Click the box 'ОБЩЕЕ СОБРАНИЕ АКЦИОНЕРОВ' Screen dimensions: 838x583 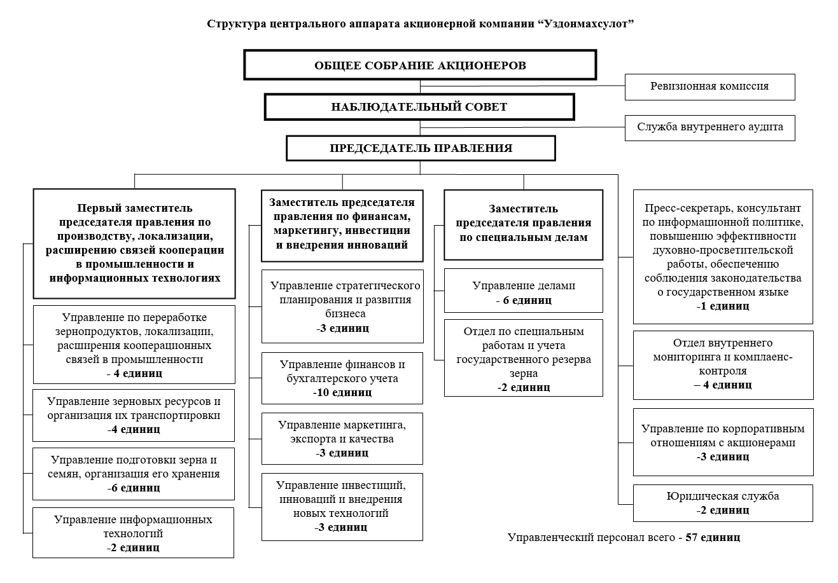point(420,65)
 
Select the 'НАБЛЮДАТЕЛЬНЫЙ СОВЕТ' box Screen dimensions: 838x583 point(419,107)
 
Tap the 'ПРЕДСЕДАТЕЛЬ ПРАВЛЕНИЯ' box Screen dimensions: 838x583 point(421,148)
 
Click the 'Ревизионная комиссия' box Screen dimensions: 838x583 point(709,86)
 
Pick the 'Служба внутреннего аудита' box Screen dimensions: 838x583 point(709,128)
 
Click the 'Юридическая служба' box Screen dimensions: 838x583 point(723,503)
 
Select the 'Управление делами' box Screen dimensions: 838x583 point(524,291)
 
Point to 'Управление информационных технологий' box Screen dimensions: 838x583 point(133,533)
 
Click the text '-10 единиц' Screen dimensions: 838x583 point(342,392)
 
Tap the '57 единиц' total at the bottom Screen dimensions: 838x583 point(713,537)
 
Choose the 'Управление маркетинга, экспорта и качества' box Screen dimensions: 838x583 point(342,439)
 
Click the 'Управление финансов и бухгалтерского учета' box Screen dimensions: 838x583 point(342,378)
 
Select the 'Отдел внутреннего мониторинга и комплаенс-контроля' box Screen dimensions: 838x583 point(723,365)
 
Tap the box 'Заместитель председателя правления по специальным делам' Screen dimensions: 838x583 point(524,224)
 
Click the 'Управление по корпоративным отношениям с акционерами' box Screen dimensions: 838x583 point(723,442)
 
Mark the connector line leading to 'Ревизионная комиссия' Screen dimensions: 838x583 point(522,86)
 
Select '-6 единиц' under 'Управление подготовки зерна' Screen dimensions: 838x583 point(134,488)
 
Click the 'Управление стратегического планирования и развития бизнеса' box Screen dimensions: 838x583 point(342,306)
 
